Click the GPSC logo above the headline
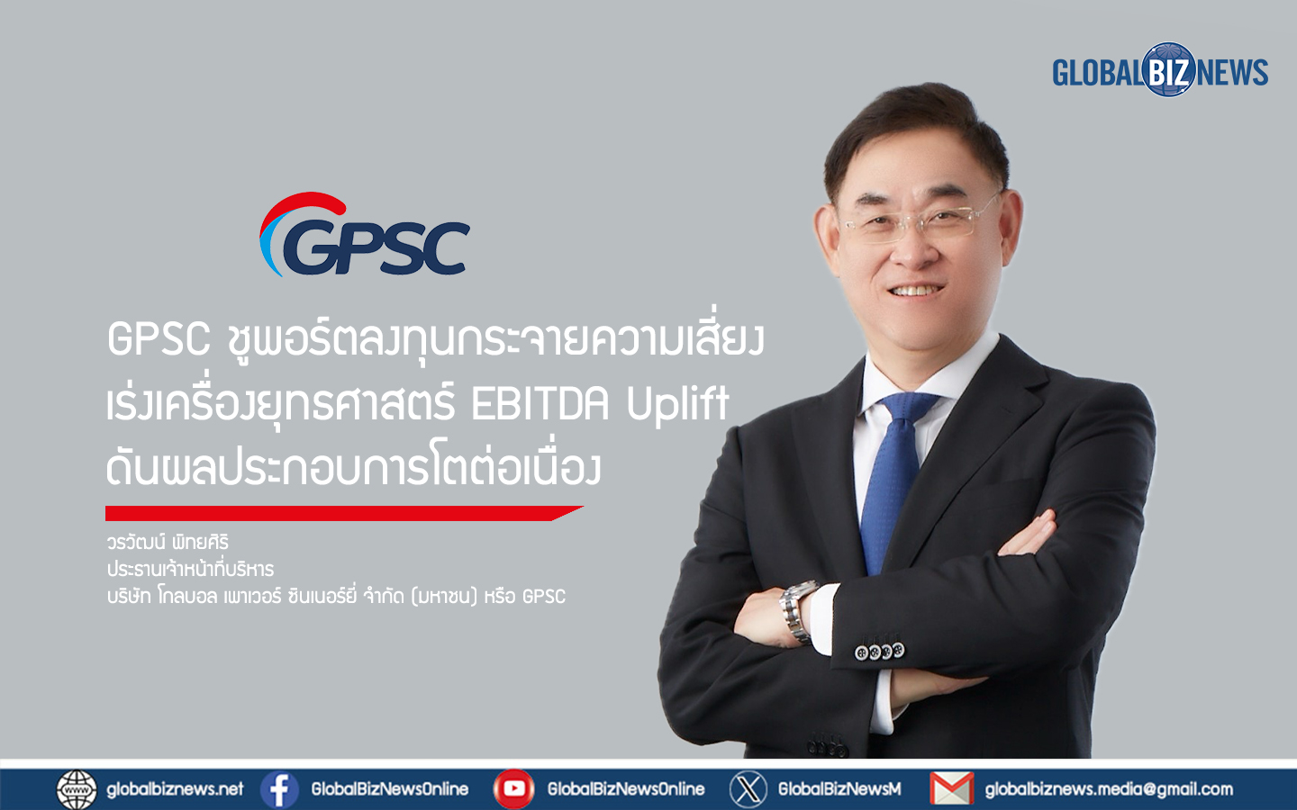click(x=364, y=235)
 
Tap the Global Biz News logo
click(x=1160, y=70)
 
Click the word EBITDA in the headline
click(x=540, y=404)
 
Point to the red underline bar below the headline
click(x=344, y=513)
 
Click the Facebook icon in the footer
click(x=279, y=789)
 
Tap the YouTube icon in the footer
click(x=513, y=789)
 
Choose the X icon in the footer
click(x=748, y=789)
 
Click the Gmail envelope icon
click(x=952, y=789)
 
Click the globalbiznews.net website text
click(x=175, y=789)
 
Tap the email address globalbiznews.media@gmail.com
click(x=1109, y=789)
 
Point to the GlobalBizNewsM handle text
click(x=839, y=789)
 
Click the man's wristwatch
click(x=799, y=612)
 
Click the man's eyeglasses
click(x=921, y=220)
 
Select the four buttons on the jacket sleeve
click(x=879, y=652)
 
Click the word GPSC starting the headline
click(x=159, y=339)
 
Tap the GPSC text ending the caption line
click(x=544, y=597)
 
